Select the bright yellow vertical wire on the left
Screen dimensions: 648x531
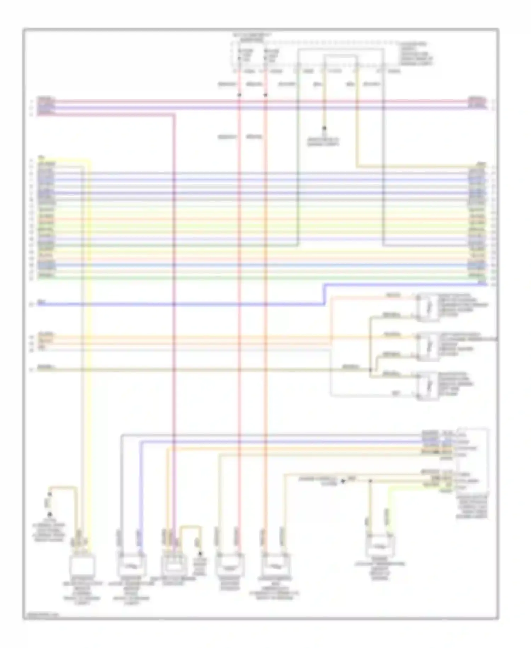point(90,319)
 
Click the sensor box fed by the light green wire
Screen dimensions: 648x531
point(380,546)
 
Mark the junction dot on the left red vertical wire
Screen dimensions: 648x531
point(239,95)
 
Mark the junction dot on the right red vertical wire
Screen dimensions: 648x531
point(265,95)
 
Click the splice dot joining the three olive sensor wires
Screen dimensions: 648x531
point(370,370)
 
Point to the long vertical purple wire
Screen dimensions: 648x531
point(174,319)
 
